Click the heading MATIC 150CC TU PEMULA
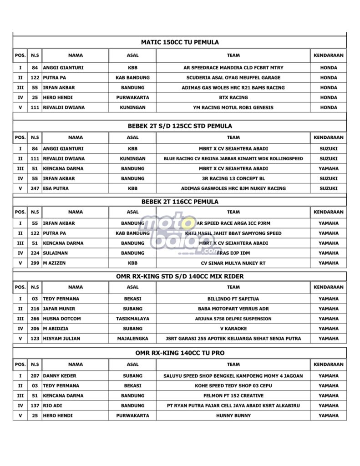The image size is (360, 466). (x=180, y=42)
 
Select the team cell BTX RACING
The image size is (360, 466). (x=233, y=97)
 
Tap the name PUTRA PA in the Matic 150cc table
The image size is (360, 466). (x=54, y=78)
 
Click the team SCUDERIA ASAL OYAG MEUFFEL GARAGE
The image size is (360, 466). (x=233, y=78)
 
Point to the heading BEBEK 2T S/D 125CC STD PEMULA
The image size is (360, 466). (x=180, y=126)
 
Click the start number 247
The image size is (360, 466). (x=35, y=188)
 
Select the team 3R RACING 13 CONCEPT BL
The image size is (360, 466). (x=233, y=178)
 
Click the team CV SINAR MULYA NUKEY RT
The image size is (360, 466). (x=233, y=263)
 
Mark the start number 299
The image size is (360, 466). (x=35, y=263)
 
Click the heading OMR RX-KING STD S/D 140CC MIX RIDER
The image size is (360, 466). (x=180, y=276)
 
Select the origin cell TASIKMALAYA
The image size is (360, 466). (x=132, y=319)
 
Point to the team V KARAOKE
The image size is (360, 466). (x=233, y=329)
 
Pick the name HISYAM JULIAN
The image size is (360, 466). (x=61, y=339)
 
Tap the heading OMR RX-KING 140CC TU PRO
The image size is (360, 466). (x=180, y=353)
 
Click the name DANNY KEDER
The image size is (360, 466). (x=60, y=376)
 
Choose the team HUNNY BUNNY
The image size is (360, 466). (x=233, y=415)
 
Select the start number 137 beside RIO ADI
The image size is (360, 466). (x=35, y=405)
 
